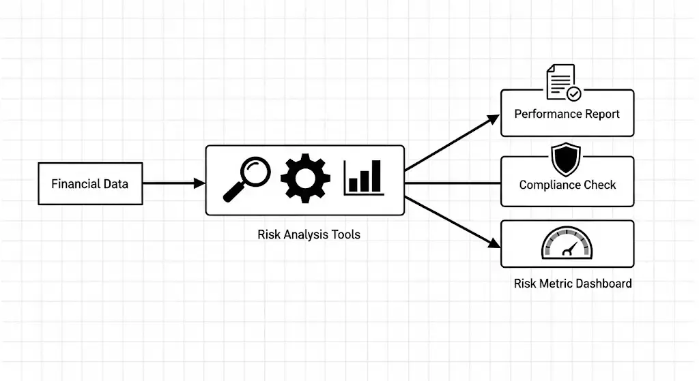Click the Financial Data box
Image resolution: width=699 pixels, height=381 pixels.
coord(90,183)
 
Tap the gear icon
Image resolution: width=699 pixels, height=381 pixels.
coord(305,179)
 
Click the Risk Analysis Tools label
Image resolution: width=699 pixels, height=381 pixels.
coord(309,234)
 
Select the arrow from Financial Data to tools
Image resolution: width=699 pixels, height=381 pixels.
coord(171,183)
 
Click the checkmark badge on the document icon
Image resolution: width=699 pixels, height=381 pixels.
coord(574,93)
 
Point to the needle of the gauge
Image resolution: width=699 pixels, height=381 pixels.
coord(568,250)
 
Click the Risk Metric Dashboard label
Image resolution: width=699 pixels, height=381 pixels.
coord(572,283)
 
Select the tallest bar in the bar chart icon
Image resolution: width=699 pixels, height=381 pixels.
coord(376,176)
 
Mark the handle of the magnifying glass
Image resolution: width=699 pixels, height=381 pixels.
coord(231,194)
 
